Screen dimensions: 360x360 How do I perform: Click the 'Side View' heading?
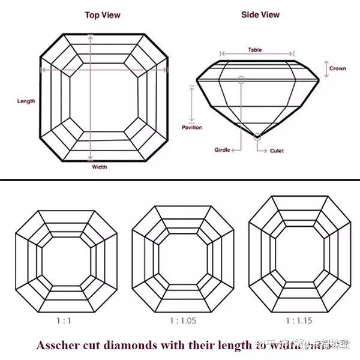pyautogui.click(x=260, y=14)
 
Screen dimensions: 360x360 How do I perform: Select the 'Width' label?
pyautogui.click(x=100, y=167)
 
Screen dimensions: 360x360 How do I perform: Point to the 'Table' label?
pyautogui.click(x=255, y=50)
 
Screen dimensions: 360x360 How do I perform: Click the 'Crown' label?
pyautogui.click(x=337, y=68)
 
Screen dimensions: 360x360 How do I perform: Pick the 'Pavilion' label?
pyautogui.click(x=191, y=127)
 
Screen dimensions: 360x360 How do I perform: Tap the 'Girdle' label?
pyautogui.click(x=223, y=149)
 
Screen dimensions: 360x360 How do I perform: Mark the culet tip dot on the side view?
pyautogui.click(x=257, y=137)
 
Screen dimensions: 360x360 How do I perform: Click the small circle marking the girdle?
pyautogui.click(x=241, y=79)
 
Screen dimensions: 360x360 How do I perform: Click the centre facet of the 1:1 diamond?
pyautogui.click(x=63, y=262)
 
